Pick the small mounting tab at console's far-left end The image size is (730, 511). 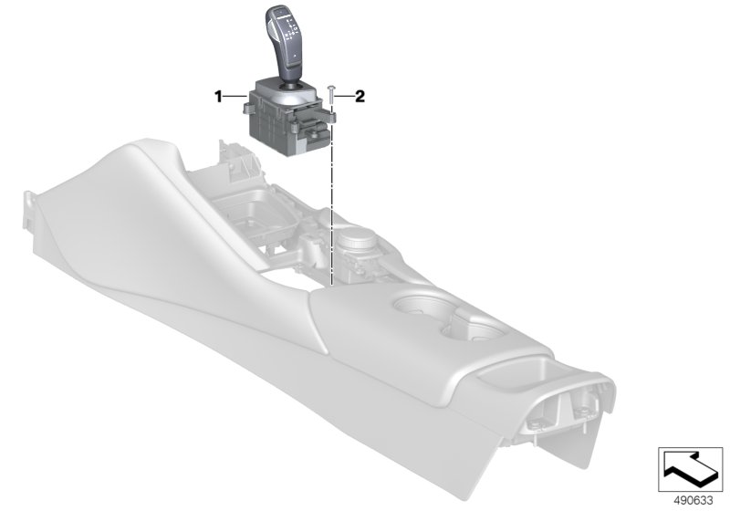tap(32, 203)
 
